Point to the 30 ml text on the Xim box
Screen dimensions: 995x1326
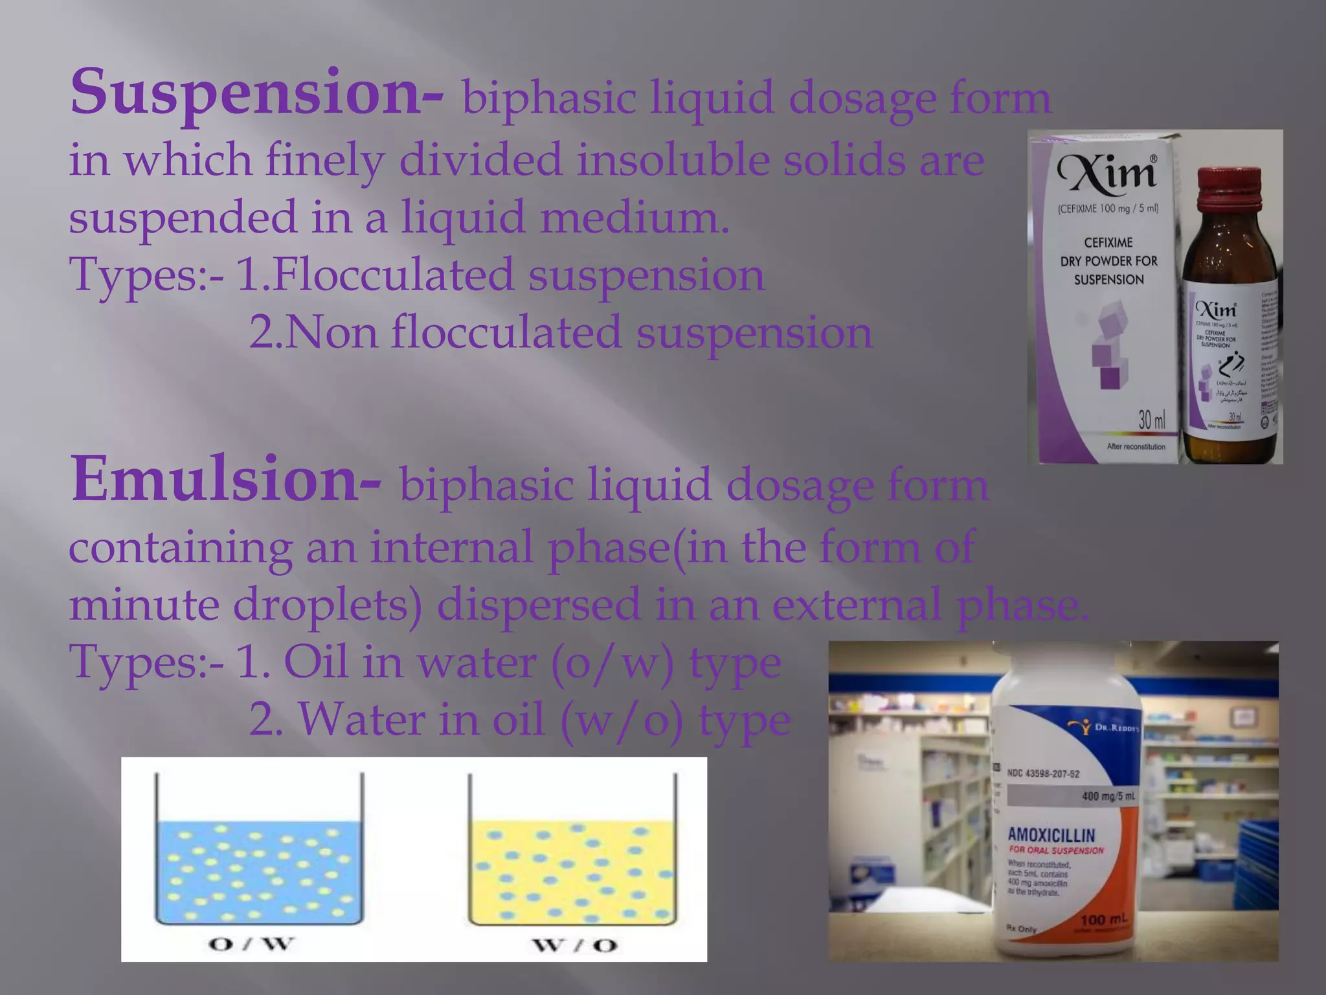[x=1151, y=420]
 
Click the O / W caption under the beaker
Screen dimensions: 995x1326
[x=251, y=944]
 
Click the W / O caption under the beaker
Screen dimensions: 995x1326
[x=575, y=945]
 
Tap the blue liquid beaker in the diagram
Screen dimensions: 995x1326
[x=259, y=868]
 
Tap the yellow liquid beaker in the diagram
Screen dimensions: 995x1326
[x=572, y=868]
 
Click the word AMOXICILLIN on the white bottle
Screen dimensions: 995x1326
[x=1051, y=835]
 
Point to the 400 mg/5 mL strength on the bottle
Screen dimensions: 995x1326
[x=1108, y=796]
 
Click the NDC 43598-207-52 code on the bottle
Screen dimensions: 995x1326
[x=1043, y=773]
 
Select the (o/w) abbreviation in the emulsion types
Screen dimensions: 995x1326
[x=612, y=663]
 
